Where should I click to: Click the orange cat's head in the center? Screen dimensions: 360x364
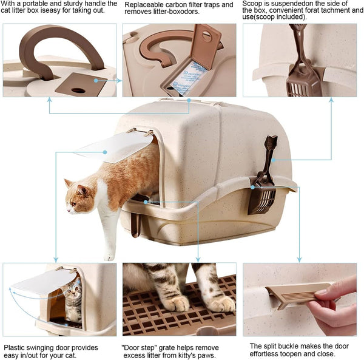tap(79, 195)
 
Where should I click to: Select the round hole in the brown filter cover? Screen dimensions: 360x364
tap(78, 90)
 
